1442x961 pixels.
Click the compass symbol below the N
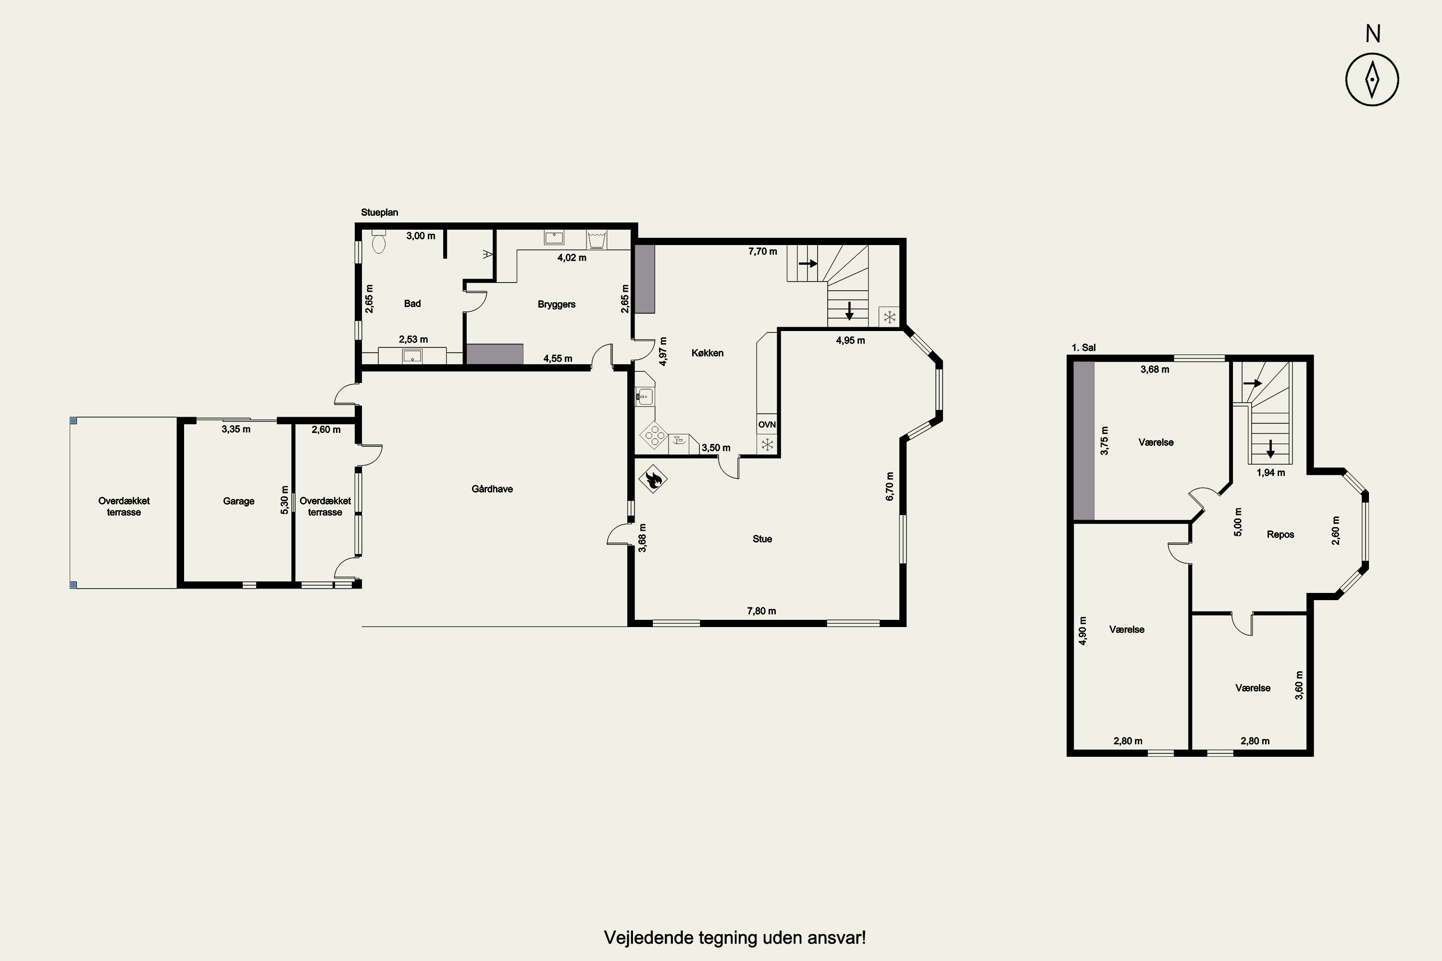(x=1372, y=80)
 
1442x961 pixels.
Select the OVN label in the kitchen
(x=767, y=425)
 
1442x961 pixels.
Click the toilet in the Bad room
(x=379, y=242)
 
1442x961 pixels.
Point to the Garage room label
(x=238, y=501)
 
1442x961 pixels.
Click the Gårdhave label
(x=492, y=489)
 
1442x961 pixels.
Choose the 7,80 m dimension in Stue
(x=761, y=611)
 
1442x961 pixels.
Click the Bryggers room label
(x=557, y=305)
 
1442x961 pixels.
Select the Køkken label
(x=708, y=353)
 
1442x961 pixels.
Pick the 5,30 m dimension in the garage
(x=285, y=500)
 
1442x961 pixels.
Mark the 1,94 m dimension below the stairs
(x=1271, y=472)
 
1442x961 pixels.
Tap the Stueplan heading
(x=380, y=213)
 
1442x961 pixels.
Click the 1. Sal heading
(x=1083, y=347)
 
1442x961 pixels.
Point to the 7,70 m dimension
(x=763, y=251)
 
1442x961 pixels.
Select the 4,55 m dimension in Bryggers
(x=558, y=358)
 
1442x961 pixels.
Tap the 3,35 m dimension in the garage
(x=236, y=430)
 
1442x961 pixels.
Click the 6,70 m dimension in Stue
(x=890, y=486)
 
